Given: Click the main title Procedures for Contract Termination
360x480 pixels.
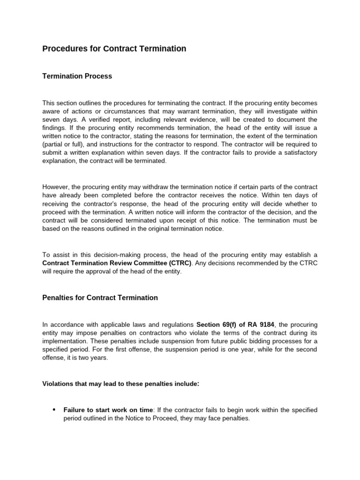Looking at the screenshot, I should [x=114, y=49].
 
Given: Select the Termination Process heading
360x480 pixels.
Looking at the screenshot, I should [x=77, y=76].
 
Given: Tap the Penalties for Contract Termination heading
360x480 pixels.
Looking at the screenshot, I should [x=100, y=298].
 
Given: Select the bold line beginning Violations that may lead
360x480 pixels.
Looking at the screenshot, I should [x=121, y=384].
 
